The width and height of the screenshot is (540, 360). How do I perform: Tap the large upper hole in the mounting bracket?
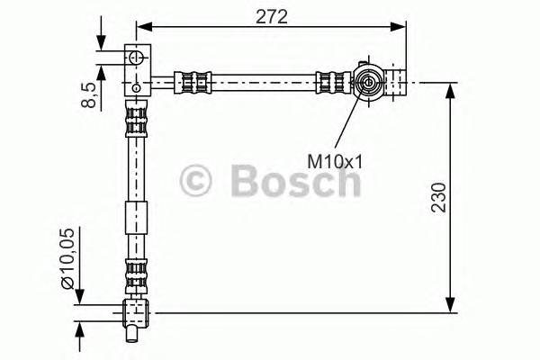137,58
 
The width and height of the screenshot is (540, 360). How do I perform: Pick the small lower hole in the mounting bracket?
136,87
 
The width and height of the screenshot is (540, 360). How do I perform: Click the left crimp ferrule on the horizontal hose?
193,84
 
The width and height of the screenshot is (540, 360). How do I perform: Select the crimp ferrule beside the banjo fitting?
331,84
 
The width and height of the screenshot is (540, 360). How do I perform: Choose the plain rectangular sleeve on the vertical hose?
135,219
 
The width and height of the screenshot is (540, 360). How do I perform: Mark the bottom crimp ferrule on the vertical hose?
135,274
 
